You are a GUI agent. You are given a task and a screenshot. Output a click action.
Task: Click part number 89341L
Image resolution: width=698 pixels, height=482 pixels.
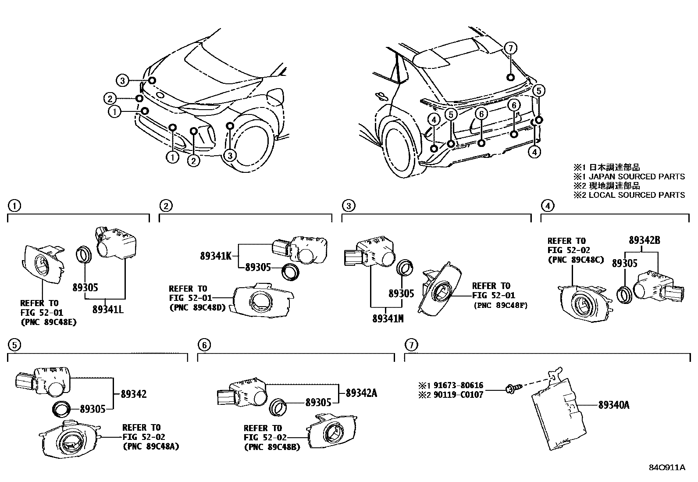point(108,309)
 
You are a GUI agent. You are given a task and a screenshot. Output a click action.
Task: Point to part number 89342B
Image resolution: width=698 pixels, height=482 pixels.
point(644,240)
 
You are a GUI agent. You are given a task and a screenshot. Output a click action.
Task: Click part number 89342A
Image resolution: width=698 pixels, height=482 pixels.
point(361,393)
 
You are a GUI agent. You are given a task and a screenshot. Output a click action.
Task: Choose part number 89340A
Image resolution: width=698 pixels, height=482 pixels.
point(614,405)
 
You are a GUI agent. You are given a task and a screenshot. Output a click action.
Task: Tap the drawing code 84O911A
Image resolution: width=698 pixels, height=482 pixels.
point(667,468)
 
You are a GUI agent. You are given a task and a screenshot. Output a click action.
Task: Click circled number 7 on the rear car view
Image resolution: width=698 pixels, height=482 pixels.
point(510,48)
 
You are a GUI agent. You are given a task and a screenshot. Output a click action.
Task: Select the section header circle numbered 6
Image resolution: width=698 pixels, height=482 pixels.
point(204,346)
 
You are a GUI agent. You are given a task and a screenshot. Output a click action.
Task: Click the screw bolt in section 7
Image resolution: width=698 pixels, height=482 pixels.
point(512,388)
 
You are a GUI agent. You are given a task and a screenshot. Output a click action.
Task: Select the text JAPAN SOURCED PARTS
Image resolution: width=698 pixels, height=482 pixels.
point(637,176)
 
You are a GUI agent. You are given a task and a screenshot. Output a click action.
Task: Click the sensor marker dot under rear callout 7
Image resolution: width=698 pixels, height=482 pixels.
point(510,78)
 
